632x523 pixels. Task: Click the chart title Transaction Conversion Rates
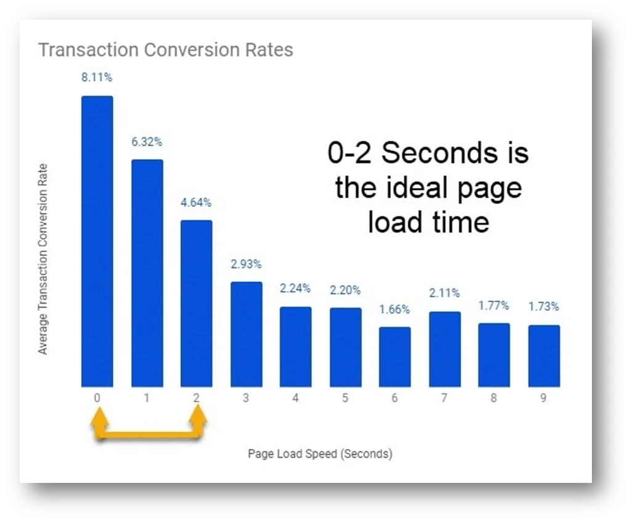click(166, 50)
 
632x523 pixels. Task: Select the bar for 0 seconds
click(97, 241)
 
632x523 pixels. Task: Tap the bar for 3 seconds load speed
click(246, 334)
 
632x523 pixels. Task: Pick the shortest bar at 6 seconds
click(395, 357)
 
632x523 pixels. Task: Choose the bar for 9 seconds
click(544, 356)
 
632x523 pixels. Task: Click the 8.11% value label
click(97, 77)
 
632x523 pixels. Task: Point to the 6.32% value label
click(147, 142)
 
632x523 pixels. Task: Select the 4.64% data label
click(196, 202)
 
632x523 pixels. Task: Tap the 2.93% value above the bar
click(246, 264)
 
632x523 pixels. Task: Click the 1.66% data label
click(395, 309)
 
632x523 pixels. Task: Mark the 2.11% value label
click(445, 293)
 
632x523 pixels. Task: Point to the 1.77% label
click(494, 306)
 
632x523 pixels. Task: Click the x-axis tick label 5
click(345, 398)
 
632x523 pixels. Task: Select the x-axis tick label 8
click(494, 398)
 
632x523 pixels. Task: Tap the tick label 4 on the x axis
click(295, 398)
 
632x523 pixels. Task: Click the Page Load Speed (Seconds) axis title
click(320, 454)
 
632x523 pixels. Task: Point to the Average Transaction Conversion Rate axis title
click(43, 259)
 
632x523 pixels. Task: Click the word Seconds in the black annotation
click(440, 153)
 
